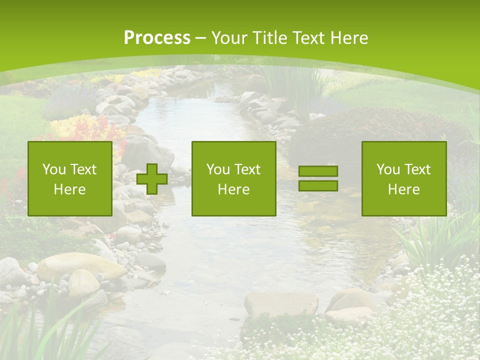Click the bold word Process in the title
coord(157,38)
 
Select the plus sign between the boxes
coord(152,179)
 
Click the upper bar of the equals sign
coord(318,171)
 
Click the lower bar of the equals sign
coord(318,186)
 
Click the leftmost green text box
coord(70,178)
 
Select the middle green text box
coord(233,178)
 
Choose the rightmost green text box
coord(404,178)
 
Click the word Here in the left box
coord(69,189)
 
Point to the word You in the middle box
coord(217,169)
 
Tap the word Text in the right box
coord(417,169)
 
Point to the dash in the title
coord(200,38)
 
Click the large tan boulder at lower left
coord(80,265)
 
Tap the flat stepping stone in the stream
coord(281,303)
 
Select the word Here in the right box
coord(403,189)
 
